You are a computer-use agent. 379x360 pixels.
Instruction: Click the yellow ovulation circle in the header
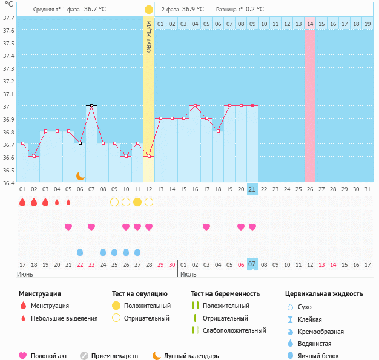pos(149,10)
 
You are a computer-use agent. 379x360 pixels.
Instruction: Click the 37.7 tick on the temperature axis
pos(9,18)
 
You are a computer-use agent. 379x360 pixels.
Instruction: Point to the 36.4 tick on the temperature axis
pos(9,182)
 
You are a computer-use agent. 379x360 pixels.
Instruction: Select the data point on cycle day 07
pos(91,105)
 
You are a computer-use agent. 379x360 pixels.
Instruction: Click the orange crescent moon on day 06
pos(80,175)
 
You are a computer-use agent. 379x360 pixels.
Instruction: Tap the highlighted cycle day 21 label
pos(252,189)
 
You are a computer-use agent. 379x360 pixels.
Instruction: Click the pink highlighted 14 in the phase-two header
pos(310,24)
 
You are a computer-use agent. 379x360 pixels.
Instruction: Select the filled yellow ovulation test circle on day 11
pos(137,202)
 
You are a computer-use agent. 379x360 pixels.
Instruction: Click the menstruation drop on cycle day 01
pos(22,202)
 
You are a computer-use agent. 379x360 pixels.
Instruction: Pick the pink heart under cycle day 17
pos(206,227)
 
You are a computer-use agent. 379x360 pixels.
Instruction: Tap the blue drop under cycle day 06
pos(80,252)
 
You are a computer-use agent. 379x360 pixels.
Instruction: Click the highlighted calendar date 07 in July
pos(252,264)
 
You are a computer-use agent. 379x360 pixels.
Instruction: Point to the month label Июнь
pos(25,274)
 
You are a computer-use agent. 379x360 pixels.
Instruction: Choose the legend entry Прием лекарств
pos(114,356)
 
